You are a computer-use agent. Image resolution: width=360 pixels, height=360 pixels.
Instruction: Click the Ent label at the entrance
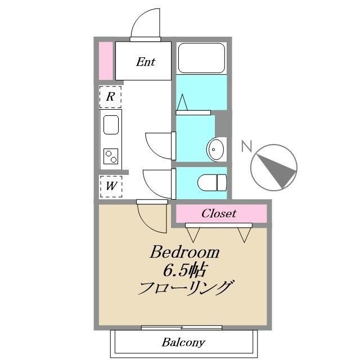coord(145,62)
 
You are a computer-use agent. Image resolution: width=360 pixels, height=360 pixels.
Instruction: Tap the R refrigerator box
coord(111,97)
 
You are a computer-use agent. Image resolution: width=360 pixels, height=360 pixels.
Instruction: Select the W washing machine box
coord(111,186)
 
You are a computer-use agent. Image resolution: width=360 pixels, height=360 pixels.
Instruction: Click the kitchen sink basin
coord(111,124)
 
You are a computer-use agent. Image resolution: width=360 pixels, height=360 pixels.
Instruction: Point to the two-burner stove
coord(111,156)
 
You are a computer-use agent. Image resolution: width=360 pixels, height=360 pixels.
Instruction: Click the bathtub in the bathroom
coord(202,57)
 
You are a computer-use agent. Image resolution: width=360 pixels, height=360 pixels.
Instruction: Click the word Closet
coord(218,214)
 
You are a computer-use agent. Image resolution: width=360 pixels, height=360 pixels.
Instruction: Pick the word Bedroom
coord(184,252)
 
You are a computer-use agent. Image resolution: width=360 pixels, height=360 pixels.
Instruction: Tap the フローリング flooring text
coord(185,289)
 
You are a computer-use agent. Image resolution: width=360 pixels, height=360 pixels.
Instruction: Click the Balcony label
coord(183,342)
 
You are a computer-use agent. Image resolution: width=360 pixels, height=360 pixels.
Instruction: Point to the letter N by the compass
coord(246,147)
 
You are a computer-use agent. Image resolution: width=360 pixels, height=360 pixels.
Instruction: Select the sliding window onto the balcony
coord(181,327)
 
